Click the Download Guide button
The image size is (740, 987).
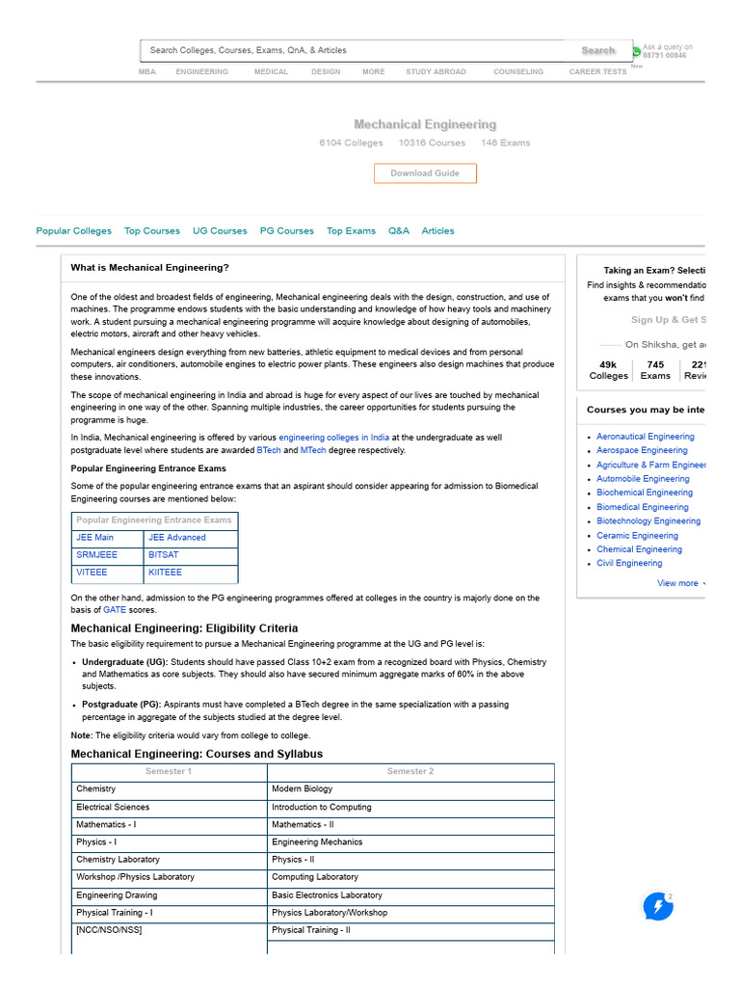tap(425, 173)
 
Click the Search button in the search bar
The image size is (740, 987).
tap(597, 50)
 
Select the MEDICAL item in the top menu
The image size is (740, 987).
tap(270, 71)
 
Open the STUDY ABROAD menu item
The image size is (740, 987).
tap(436, 71)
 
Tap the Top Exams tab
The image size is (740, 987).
tap(351, 231)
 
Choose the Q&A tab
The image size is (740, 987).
tap(399, 231)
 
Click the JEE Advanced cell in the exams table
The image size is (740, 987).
tap(177, 538)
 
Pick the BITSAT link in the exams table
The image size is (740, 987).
tap(163, 555)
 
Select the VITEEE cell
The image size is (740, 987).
tap(92, 573)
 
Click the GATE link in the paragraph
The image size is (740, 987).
tap(115, 610)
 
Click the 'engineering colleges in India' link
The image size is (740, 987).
tap(334, 437)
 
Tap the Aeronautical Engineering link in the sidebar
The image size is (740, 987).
tap(645, 437)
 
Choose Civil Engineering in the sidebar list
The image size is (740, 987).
tap(629, 563)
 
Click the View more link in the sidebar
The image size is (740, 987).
tap(677, 583)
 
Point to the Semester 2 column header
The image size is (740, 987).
tap(410, 772)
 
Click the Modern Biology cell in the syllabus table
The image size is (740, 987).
tap(302, 789)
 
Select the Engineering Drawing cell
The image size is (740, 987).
tap(117, 895)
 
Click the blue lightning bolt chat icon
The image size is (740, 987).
tap(658, 907)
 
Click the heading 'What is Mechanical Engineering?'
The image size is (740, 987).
tap(150, 268)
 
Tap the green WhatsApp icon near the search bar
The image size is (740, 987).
tap(636, 51)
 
